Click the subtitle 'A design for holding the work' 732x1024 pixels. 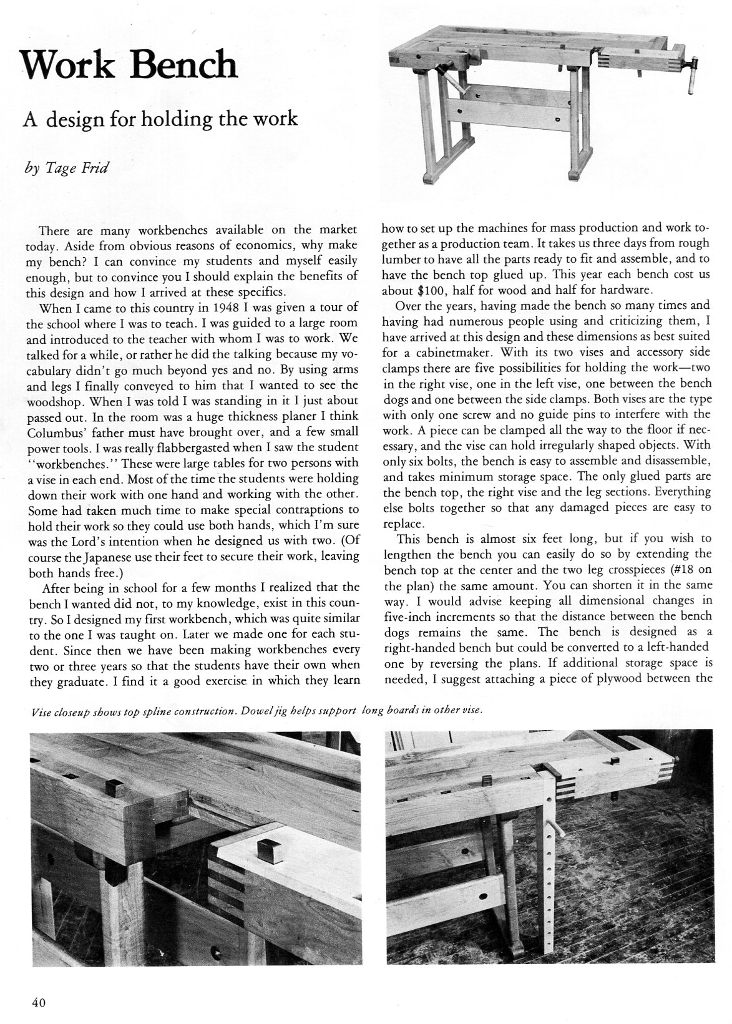click(160, 118)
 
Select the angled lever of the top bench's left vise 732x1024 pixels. click(452, 83)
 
